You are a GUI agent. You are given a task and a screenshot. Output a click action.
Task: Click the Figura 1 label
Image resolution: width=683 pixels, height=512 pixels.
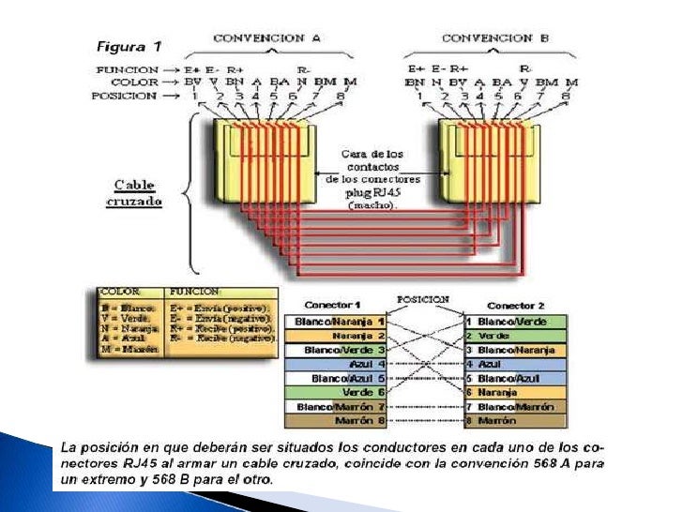pyautogui.click(x=130, y=45)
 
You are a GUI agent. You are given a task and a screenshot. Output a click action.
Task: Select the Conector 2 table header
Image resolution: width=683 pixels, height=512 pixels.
pyautogui.click(x=516, y=305)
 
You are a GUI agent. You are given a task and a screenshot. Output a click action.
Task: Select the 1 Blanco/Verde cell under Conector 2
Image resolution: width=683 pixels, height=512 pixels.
pyautogui.click(x=516, y=322)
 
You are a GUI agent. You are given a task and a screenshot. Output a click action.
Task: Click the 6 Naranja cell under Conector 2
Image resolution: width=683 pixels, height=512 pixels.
pyautogui.click(x=516, y=392)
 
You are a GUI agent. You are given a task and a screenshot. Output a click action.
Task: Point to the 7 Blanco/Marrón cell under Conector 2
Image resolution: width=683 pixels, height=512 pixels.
pyautogui.click(x=516, y=407)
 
